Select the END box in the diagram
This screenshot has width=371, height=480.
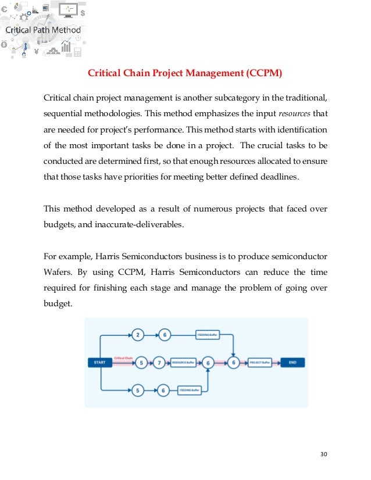[292, 363]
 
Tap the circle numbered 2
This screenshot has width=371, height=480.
[138, 335]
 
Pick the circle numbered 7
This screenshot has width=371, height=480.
[159, 363]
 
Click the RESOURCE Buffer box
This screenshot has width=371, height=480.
[183, 363]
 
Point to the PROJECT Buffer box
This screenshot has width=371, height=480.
[260, 363]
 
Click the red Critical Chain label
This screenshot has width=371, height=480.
[124, 358]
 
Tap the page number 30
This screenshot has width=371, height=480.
[324, 454]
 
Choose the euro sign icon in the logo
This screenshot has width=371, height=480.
[5, 13]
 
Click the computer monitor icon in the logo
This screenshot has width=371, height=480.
[70, 10]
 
